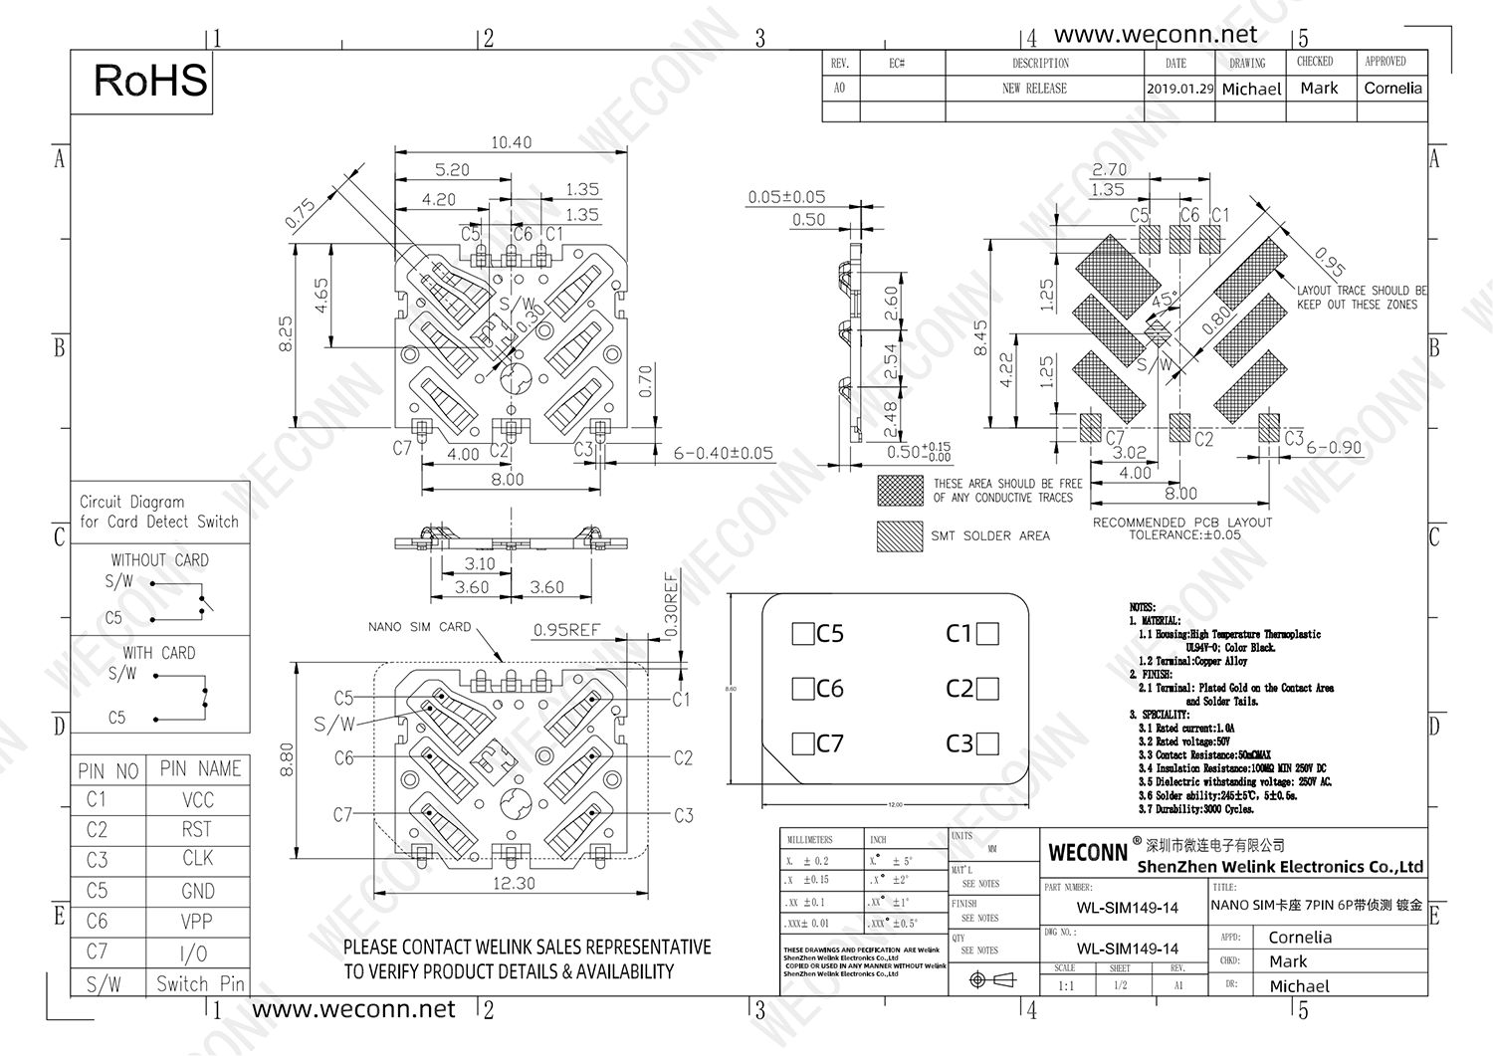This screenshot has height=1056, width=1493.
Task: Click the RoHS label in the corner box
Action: point(150,81)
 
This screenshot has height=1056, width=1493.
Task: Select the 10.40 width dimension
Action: point(511,142)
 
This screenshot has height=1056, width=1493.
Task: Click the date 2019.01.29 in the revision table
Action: point(1179,89)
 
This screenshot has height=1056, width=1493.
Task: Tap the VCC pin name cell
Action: point(197,800)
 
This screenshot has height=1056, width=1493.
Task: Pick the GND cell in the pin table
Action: point(197,891)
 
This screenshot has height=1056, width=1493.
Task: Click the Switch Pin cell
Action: point(200,983)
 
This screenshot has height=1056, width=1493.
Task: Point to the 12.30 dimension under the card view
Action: point(514,883)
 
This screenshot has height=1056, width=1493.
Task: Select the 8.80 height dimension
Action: point(288,759)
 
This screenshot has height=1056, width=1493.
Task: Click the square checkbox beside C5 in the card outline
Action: point(802,634)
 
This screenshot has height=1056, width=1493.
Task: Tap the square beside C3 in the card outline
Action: point(987,743)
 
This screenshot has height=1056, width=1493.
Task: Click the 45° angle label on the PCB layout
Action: point(1164,298)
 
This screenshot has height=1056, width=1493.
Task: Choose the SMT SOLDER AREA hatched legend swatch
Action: point(900,535)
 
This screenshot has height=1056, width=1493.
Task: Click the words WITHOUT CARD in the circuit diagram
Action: point(159,560)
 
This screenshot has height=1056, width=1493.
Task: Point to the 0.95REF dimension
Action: point(566,630)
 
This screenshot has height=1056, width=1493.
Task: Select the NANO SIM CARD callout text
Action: point(419,627)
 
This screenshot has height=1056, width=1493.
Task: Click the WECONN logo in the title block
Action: point(1088,853)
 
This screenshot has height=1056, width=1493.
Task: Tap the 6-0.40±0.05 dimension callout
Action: point(723,454)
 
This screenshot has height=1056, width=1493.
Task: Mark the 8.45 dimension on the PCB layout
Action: point(980,339)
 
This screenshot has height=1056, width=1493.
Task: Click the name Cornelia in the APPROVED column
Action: point(1392,89)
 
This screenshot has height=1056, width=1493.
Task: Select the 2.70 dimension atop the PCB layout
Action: point(1109,170)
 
